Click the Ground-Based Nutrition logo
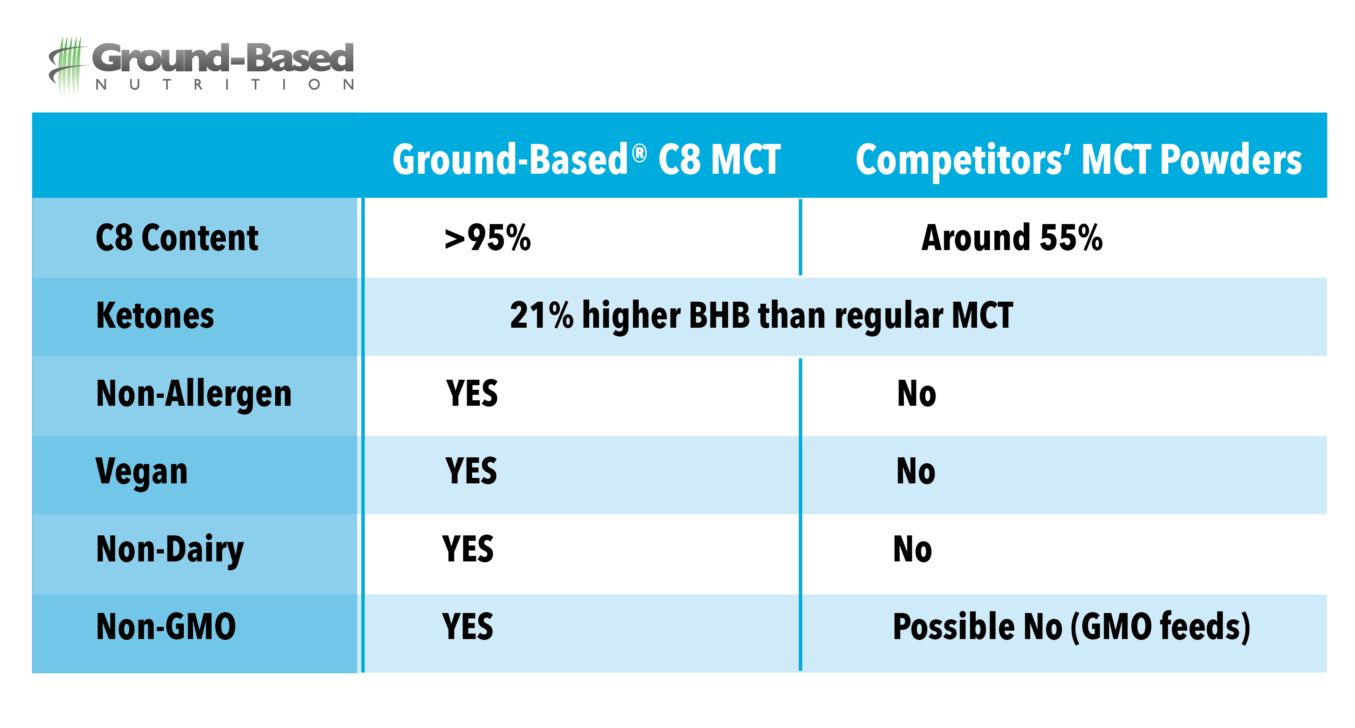point(201,66)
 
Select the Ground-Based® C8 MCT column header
point(587,159)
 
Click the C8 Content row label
point(177,238)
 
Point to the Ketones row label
point(155,316)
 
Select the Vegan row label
point(141,472)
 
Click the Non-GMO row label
point(166,627)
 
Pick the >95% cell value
point(488,238)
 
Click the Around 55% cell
point(1012,238)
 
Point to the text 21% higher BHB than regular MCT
point(762,316)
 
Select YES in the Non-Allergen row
point(472,394)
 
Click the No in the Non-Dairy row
point(913,549)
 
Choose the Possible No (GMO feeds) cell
point(1071,627)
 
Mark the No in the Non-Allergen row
point(917,394)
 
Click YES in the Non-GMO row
point(467,626)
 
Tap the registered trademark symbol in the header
point(640,154)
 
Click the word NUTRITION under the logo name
point(225,85)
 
